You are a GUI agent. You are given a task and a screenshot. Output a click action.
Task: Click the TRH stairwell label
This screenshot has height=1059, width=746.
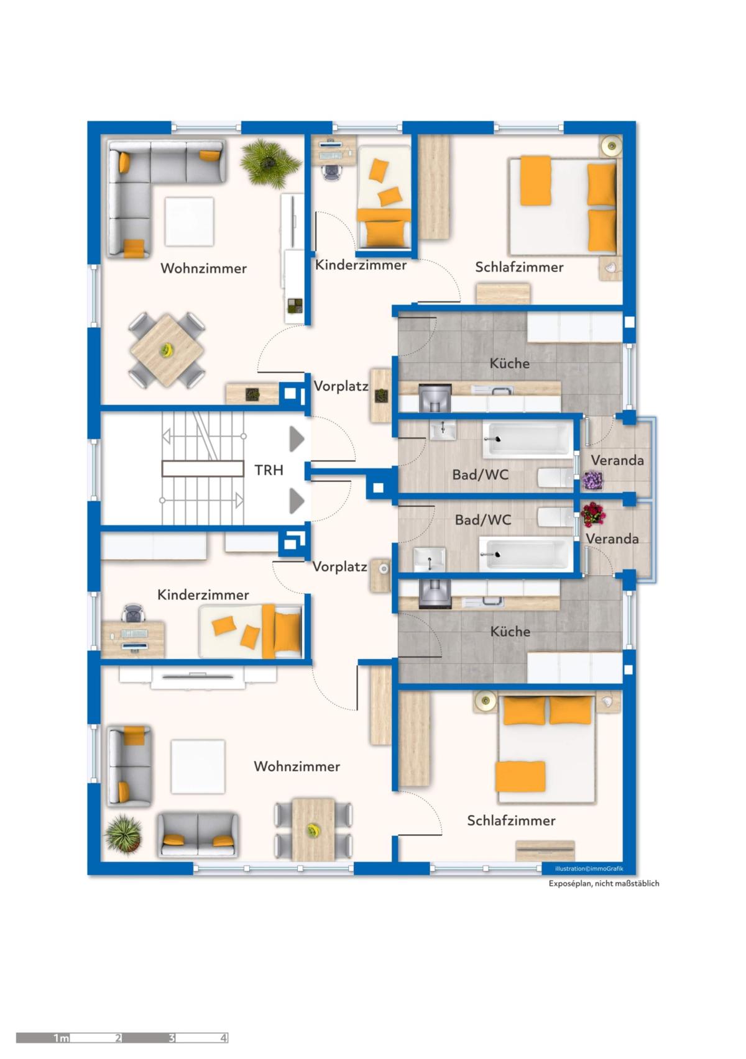pos(269,470)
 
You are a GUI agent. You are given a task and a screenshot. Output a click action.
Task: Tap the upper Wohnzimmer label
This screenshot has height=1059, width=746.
pos(203,268)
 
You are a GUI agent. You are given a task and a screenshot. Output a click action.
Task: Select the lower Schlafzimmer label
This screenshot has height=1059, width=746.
pos(511,820)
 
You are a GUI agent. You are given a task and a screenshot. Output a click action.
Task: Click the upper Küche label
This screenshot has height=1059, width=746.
pos(510,363)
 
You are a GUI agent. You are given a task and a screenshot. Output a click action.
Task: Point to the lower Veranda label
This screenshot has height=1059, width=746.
pos(612,539)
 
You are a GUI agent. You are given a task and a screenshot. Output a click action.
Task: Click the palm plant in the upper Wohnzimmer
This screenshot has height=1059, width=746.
pos(270,163)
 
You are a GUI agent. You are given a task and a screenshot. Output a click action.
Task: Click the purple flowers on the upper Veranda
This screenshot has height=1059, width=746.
pos(592,481)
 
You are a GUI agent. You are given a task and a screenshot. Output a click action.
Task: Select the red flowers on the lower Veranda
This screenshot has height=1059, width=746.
pos(592,514)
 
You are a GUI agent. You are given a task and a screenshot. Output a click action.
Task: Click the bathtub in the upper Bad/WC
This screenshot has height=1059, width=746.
pos(528,440)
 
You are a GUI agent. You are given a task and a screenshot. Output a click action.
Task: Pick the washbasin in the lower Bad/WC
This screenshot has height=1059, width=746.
pos(429,559)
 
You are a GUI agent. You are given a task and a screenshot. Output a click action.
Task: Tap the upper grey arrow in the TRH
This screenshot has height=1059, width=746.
pos(297,439)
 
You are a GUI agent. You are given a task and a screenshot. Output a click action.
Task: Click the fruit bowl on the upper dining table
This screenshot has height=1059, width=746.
pos(166,350)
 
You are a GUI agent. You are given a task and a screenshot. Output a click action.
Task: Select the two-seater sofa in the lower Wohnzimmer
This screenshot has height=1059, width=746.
pos(197,835)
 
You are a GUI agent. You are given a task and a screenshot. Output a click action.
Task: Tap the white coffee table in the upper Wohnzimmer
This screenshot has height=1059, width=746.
pos(189,222)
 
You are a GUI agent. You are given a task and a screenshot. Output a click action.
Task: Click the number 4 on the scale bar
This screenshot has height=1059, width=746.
pos(223,1038)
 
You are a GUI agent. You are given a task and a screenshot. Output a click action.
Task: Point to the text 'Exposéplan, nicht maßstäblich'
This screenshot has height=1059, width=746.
pos(604,883)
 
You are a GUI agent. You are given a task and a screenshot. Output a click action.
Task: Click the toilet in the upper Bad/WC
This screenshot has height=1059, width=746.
pos(556,478)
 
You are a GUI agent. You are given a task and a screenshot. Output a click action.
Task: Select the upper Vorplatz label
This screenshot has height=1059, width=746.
pos(341,386)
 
